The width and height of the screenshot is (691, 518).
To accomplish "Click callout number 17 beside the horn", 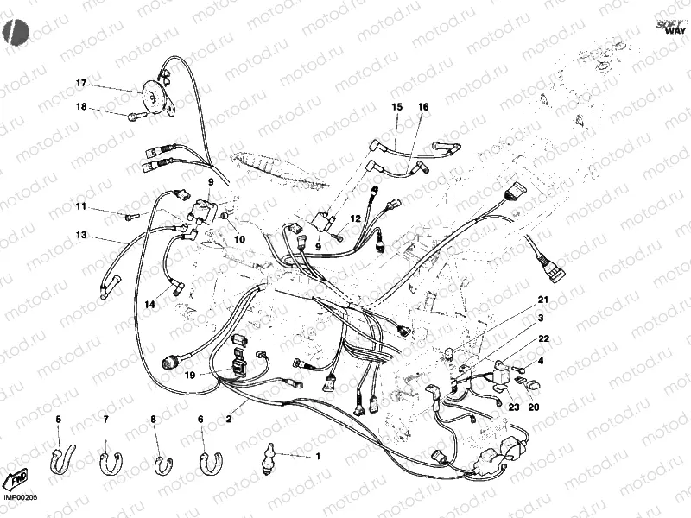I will click(x=81, y=84).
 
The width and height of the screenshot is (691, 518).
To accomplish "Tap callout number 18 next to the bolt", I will click(x=81, y=107).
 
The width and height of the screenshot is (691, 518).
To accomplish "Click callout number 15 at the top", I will click(x=397, y=107).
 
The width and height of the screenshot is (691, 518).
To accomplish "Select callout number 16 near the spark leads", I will click(x=423, y=107).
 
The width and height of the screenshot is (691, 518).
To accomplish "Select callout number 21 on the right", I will click(x=543, y=300).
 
